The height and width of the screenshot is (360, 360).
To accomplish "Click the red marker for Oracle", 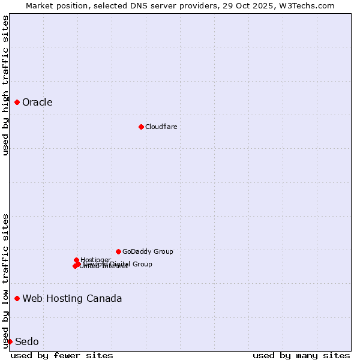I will tap(17, 103).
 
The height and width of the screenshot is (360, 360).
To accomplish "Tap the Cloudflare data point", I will tap(141, 127).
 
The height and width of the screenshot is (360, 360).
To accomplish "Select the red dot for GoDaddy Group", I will tap(118, 251).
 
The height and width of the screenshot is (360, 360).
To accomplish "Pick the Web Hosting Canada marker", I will tap(17, 298).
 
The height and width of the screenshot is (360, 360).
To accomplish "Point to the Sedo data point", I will tap(10, 341).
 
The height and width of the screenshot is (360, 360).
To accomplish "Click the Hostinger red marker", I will tap(76, 260).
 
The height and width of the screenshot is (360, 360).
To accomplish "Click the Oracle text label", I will tap(37, 103).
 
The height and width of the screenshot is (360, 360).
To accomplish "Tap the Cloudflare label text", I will tap(161, 127).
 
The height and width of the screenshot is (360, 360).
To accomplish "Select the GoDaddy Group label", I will tap(148, 251).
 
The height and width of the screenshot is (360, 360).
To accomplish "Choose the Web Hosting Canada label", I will tap(72, 298).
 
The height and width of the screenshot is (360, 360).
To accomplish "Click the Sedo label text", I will tap(27, 341).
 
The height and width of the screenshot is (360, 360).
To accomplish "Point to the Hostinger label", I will tap(95, 260).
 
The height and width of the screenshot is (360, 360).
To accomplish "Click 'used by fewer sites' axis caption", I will tap(62, 355).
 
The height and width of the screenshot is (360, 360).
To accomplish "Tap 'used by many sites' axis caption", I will tap(301, 355).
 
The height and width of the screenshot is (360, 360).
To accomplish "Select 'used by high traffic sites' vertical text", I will tap(5, 85).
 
